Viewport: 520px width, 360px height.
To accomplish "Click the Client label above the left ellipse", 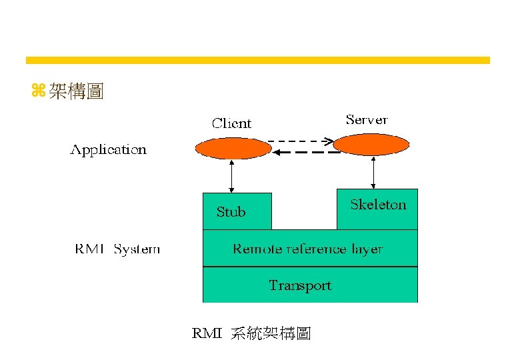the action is tap(231, 123).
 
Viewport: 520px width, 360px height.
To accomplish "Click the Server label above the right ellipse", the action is tap(367, 120).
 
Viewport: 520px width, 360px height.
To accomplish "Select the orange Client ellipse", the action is tap(233, 148).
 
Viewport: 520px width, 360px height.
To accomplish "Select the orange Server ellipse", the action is tap(371, 145).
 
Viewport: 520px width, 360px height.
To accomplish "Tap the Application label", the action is tap(109, 150).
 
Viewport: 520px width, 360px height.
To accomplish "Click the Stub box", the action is tap(237, 211).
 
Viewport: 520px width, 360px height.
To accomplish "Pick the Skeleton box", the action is tap(377, 209).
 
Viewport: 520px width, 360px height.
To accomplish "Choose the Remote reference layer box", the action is tap(310, 248).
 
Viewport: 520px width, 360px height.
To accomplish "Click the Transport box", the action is tap(310, 285).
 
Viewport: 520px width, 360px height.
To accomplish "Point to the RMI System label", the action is tap(117, 249).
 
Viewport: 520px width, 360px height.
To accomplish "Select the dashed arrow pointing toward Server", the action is tap(301, 141).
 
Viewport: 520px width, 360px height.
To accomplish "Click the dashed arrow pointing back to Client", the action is tap(306, 152).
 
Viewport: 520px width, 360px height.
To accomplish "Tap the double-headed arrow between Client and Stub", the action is tap(231, 177).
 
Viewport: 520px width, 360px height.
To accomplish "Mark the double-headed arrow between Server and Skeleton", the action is tap(373, 173).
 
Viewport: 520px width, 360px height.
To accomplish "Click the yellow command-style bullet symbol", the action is tap(39, 90).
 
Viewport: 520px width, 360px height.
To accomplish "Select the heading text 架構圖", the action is tap(76, 91).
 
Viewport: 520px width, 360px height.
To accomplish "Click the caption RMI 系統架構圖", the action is tap(251, 333).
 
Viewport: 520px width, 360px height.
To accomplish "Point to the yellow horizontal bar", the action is tap(258, 60).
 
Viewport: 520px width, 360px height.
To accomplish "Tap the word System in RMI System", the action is tap(137, 249).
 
